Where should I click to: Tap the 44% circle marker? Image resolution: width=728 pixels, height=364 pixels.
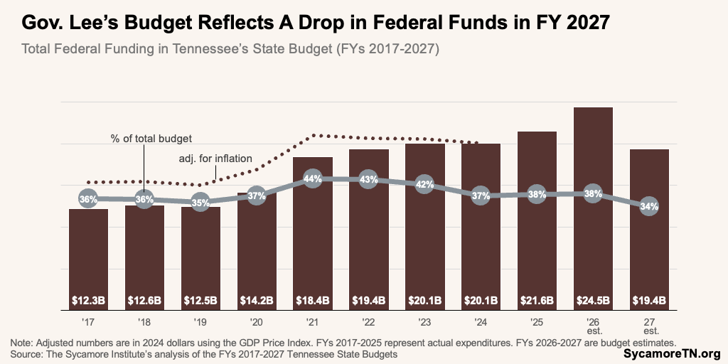[312, 179]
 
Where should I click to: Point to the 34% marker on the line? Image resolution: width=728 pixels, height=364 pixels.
[649, 207]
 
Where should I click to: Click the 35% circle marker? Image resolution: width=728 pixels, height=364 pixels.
[200, 203]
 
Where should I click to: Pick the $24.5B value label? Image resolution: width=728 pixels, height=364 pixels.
[593, 301]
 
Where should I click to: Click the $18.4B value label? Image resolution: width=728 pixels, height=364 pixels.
[312, 301]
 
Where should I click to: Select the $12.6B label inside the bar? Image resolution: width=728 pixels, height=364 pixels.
[144, 301]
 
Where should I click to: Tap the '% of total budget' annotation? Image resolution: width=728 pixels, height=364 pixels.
[151, 138]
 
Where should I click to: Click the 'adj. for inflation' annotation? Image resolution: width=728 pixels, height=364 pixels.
[214, 159]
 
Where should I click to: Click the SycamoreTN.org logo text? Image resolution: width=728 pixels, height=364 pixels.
[672, 353]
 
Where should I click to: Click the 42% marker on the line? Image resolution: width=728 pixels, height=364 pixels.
[424, 184]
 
